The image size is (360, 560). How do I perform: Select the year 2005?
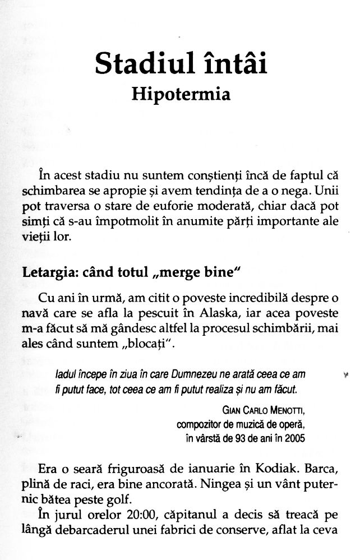[x=294, y=438]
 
